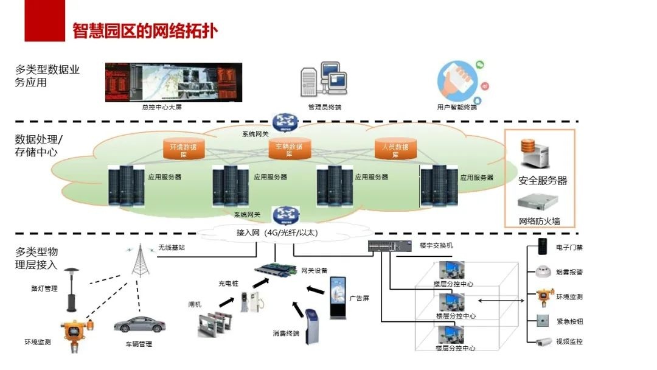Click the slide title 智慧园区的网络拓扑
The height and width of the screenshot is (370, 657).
click(x=145, y=30)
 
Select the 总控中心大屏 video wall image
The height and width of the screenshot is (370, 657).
click(x=173, y=82)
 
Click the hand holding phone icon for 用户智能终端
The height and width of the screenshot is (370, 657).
click(x=457, y=82)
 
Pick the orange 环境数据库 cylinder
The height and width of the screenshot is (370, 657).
click(x=184, y=148)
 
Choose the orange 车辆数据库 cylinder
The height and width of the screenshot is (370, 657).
click(x=290, y=148)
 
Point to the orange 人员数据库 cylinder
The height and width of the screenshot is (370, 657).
click(x=395, y=148)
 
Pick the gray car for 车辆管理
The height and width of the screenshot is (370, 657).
click(x=139, y=324)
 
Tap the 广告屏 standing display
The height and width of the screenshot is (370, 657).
click(x=338, y=298)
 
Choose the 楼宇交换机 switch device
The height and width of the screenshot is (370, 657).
click(x=390, y=246)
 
